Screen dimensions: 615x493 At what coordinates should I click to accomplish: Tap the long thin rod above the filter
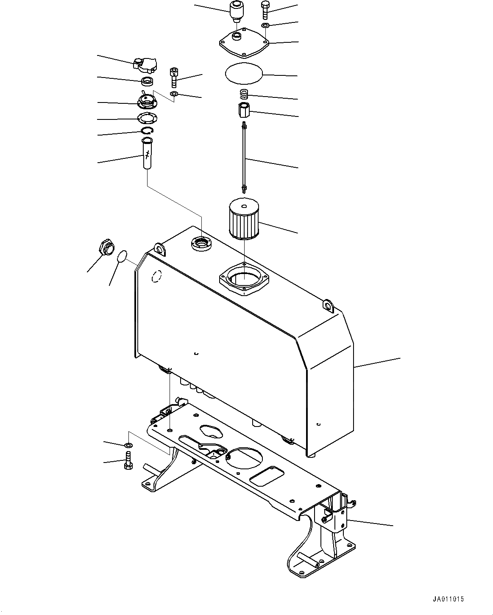click(245, 157)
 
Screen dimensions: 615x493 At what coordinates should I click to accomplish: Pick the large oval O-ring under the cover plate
click(244, 75)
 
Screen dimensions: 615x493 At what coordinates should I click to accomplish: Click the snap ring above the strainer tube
click(148, 132)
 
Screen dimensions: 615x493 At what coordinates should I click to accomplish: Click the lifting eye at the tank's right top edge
click(328, 305)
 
